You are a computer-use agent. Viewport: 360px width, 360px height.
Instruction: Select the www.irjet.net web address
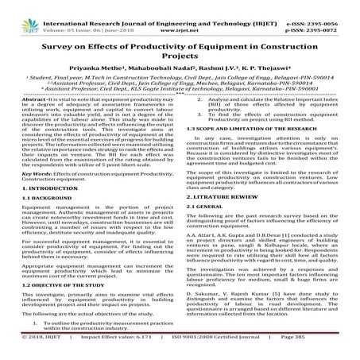[183, 14]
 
